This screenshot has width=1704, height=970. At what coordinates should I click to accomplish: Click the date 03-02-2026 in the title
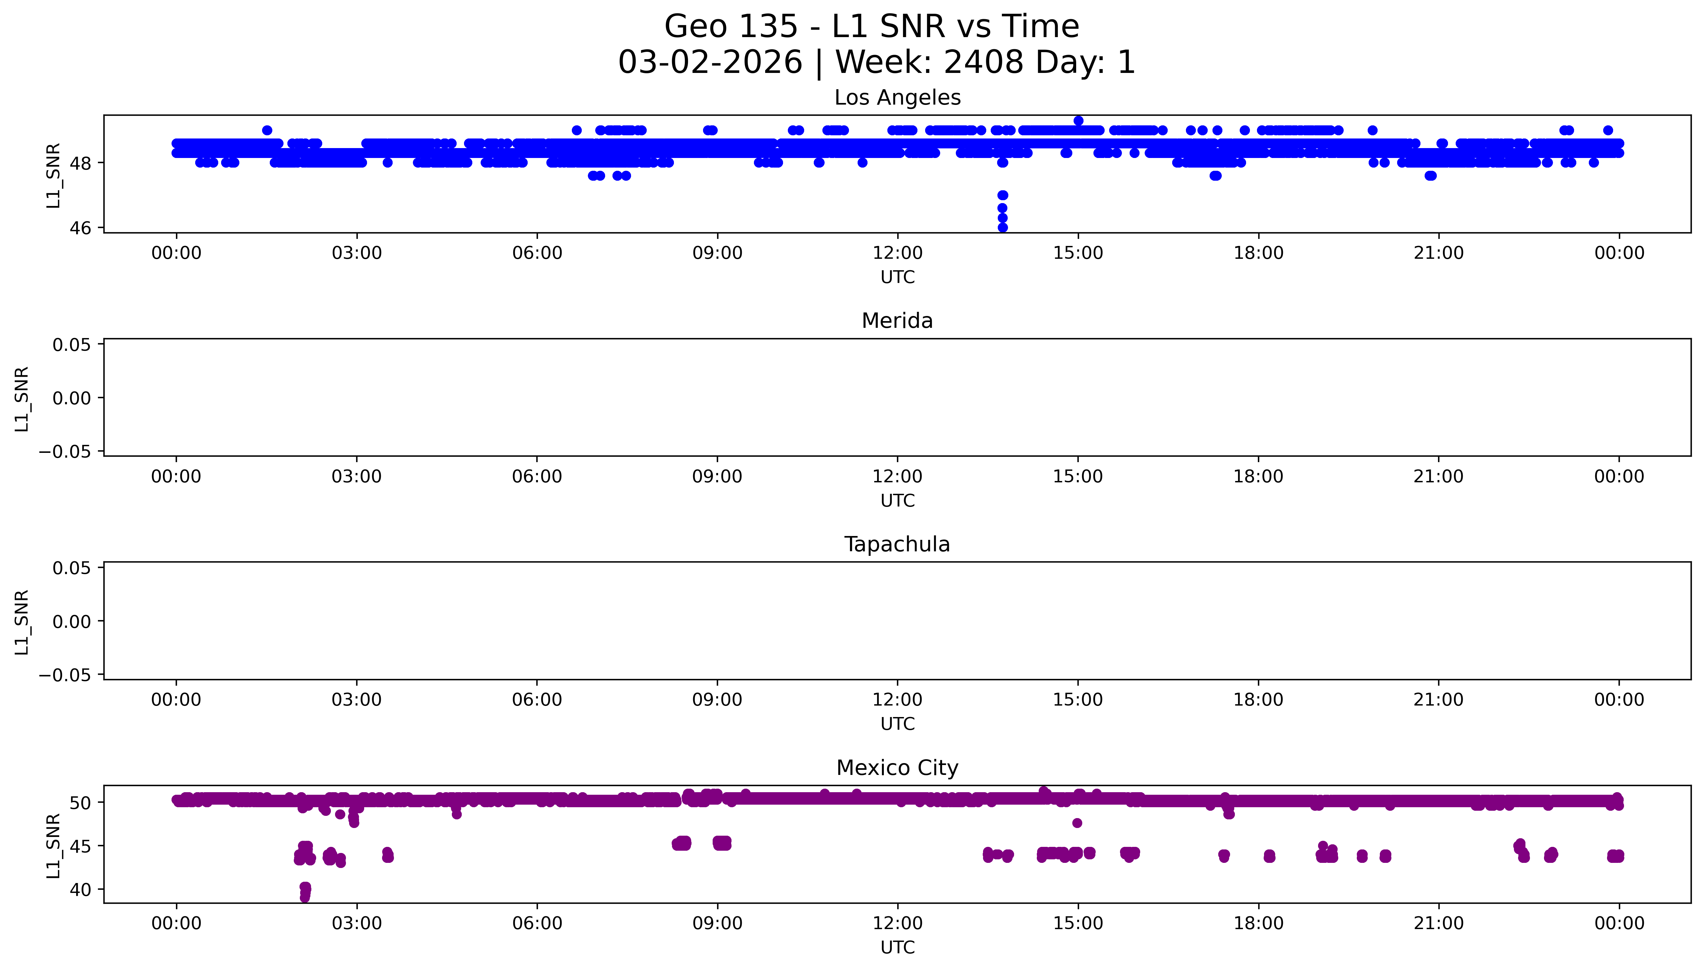710,63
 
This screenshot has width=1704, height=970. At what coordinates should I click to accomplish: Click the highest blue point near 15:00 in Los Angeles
1078,121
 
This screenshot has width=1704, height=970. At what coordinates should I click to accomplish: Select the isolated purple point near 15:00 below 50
1077,823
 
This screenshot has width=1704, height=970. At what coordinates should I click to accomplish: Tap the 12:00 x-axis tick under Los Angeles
898,253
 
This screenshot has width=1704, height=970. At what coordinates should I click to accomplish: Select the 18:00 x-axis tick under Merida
1258,476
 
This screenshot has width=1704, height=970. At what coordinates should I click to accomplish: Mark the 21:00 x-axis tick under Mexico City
1439,923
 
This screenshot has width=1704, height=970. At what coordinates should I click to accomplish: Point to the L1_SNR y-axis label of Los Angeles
53,175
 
